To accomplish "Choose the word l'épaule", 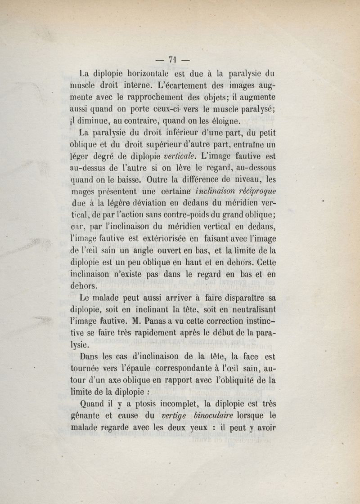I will point(148,370).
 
